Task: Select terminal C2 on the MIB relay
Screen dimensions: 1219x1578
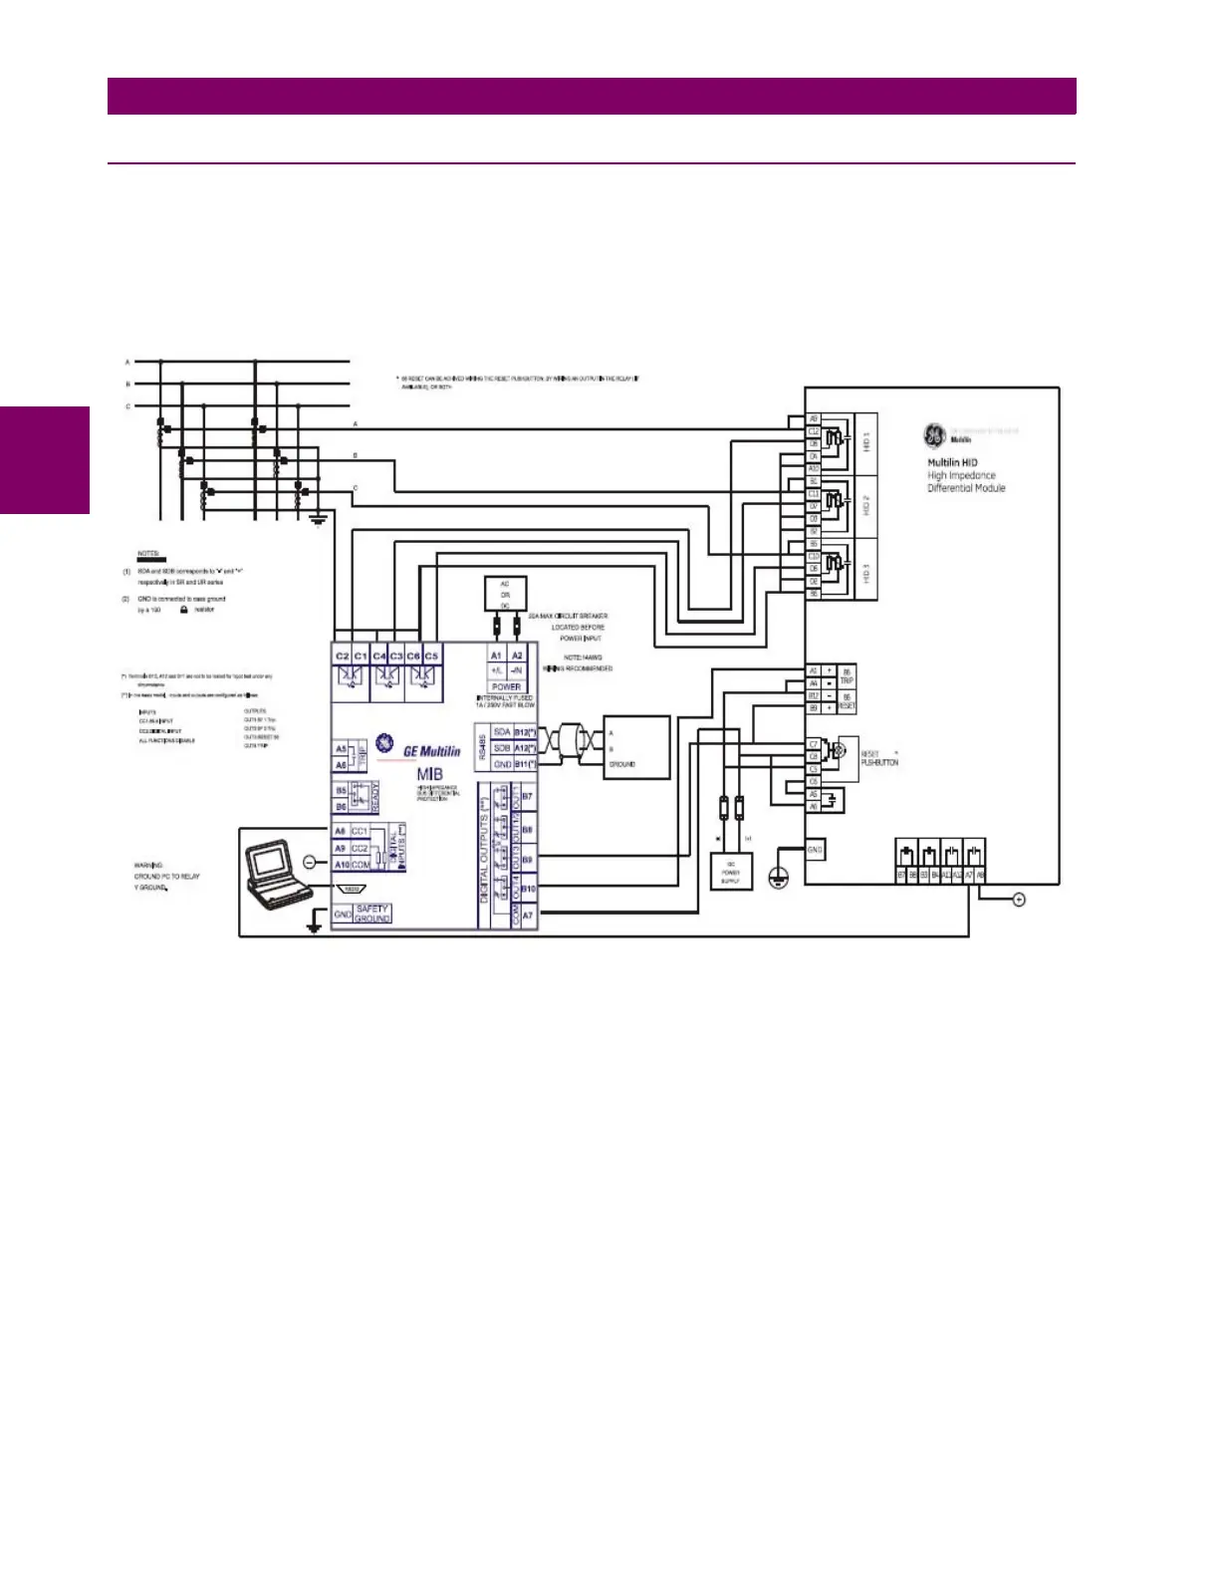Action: (x=343, y=657)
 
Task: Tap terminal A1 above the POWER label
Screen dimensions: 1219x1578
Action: (x=496, y=656)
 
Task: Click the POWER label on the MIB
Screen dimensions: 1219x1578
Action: (x=506, y=686)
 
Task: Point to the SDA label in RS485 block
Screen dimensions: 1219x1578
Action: (x=502, y=732)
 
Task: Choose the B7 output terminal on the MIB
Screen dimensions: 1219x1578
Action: (x=527, y=797)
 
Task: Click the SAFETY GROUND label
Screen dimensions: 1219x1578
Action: (x=371, y=914)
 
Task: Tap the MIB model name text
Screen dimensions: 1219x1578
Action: (x=430, y=774)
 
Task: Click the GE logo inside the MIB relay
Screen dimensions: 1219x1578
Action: (x=384, y=744)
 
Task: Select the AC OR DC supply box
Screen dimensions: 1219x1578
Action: (x=505, y=594)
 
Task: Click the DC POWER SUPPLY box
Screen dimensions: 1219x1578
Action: (x=731, y=873)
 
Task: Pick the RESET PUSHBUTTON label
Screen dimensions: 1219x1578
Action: (x=879, y=758)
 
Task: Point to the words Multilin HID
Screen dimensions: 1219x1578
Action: (x=952, y=462)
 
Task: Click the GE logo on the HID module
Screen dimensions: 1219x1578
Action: (x=934, y=435)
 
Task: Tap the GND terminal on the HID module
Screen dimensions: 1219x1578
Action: (x=815, y=850)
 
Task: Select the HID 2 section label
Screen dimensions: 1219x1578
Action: (x=866, y=505)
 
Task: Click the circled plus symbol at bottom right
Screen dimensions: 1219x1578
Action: (x=1018, y=900)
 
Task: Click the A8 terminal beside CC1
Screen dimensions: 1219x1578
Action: (x=341, y=831)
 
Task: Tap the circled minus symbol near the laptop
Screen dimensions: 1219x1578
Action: (x=309, y=861)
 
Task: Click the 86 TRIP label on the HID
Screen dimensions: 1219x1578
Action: (x=847, y=676)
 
